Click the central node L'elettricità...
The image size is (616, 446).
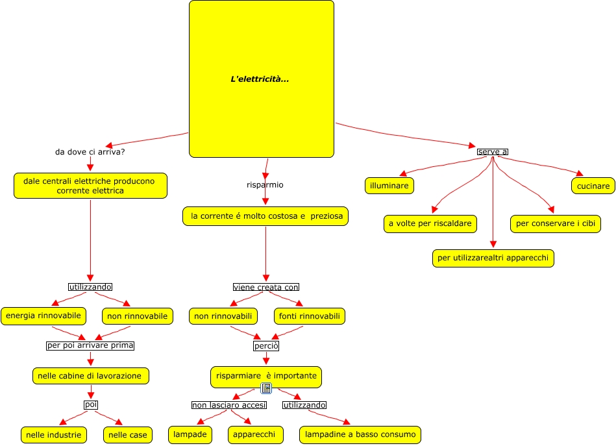pos(261,79)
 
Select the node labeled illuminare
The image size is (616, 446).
pos(389,186)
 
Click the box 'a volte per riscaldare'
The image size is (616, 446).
pos(430,224)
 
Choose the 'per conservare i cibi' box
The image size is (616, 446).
pos(555,224)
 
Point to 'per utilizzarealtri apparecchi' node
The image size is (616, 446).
pos(493,258)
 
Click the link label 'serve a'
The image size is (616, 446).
pos(492,152)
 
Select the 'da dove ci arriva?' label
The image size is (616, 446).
pos(90,152)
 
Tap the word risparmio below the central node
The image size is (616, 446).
pos(265,184)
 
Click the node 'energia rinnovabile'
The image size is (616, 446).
pos(43,316)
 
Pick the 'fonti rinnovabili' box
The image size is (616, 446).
pos(309,316)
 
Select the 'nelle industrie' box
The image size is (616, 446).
pos(55,434)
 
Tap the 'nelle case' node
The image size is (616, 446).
pos(128,434)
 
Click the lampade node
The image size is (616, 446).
pos(190,434)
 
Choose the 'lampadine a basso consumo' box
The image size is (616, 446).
pos(360,434)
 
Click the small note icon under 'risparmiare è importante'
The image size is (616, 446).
pos(265,388)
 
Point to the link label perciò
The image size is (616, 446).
pos(265,346)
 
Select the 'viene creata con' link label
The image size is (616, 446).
pos(265,287)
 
